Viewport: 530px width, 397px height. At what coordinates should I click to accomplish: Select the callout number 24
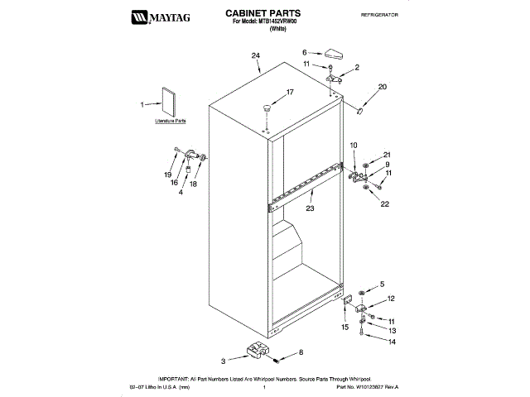[x=256, y=55]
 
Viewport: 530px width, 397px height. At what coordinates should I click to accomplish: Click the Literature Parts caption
[x=170, y=121]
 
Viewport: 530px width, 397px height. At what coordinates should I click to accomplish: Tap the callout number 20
[x=382, y=86]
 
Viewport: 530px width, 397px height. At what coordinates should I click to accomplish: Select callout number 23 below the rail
[x=311, y=208]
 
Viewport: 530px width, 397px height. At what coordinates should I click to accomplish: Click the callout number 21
[x=386, y=155]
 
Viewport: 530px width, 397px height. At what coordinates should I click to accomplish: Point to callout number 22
[x=384, y=203]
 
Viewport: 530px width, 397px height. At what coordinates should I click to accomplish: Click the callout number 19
[x=167, y=175]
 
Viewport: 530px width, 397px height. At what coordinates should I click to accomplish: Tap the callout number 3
[x=223, y=361]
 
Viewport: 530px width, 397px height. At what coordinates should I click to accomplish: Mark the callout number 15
[x=344, y=328]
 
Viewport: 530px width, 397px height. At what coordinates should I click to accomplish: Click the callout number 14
[x=393, y=342]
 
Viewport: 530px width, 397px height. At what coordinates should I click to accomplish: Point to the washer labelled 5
[x=361, y=293]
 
